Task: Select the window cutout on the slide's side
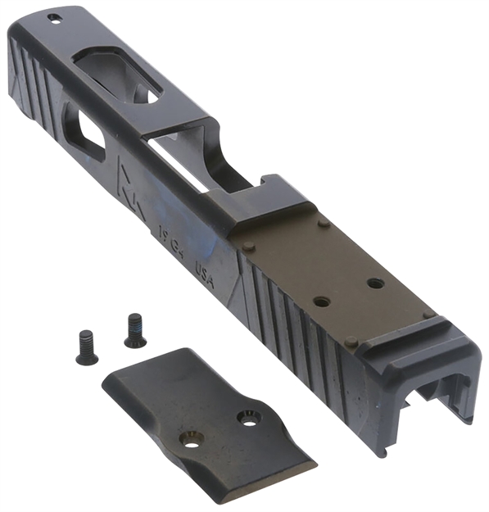84,134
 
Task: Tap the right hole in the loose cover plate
247,419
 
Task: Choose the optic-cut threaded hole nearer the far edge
375,283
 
